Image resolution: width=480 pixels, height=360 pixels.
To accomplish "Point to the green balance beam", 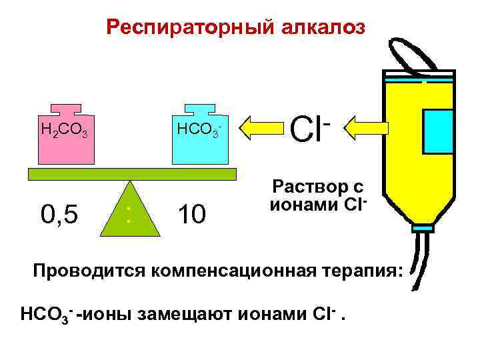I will (x=132, y=174).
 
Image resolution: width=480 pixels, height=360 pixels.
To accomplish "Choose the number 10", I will (x=193, y=215).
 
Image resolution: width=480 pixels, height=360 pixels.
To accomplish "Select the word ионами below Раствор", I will (x=296, y=204).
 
